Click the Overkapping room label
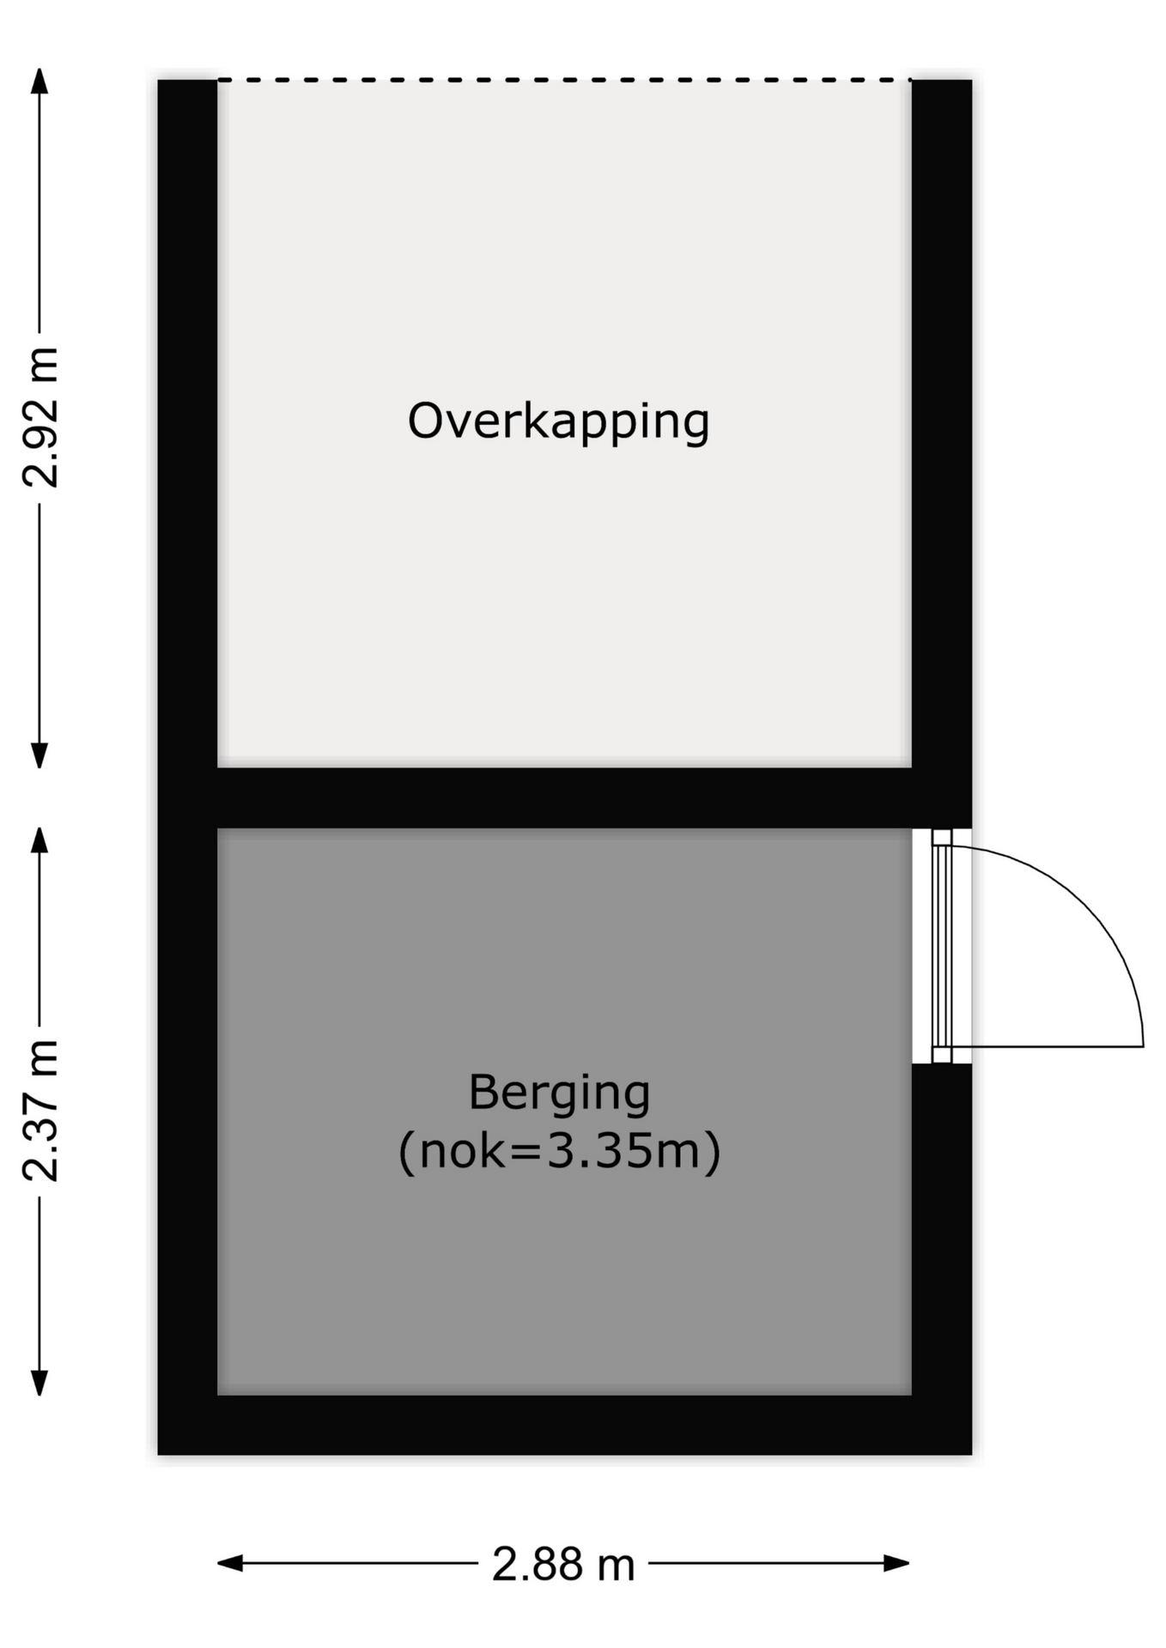tap(558, 421)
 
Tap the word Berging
tap(559, 1094)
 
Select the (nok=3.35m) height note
tap(559, 1151)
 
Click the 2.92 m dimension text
tap(40, 418)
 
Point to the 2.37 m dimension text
tap(40, 1110)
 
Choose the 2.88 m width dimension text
tap(563, 1564)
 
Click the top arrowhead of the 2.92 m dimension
tap(39, 80)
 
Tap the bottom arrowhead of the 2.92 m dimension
tap(39, 755)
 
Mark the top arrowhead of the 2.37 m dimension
tap(39, 839)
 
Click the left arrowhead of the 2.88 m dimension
tap(230, 1563)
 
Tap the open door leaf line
tap(1048, 1046)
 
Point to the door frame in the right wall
tap(942, 946)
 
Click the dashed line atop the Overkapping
tap(564, 80)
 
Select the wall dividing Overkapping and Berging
tap(564, 798)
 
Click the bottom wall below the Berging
tap(564, 1425)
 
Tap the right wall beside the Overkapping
tap(942, 424)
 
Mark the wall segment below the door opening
tap(942, 1230)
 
